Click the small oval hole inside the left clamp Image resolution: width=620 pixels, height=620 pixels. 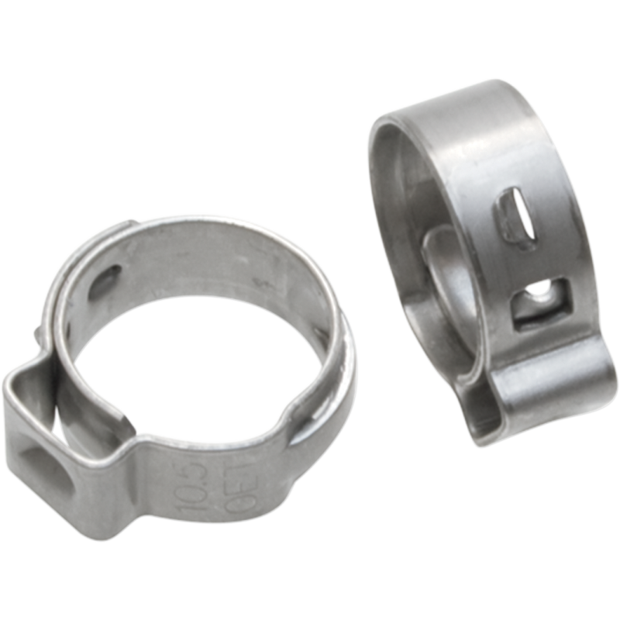[x=105, y=280]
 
